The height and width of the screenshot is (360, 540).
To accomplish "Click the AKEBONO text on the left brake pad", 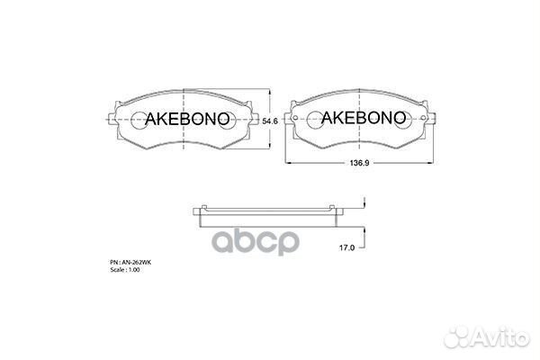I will (x=183, y=119).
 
